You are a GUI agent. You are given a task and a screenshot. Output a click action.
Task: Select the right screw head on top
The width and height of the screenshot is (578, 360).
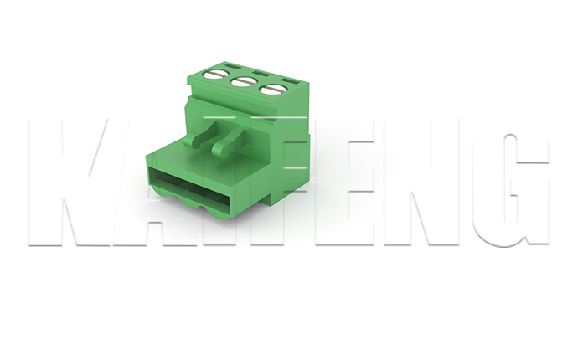[272, 89]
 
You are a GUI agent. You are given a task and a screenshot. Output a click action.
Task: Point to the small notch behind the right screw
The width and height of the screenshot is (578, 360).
[290, 80]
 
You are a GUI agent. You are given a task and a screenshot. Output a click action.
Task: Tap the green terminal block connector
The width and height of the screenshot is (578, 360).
[235, 142]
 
